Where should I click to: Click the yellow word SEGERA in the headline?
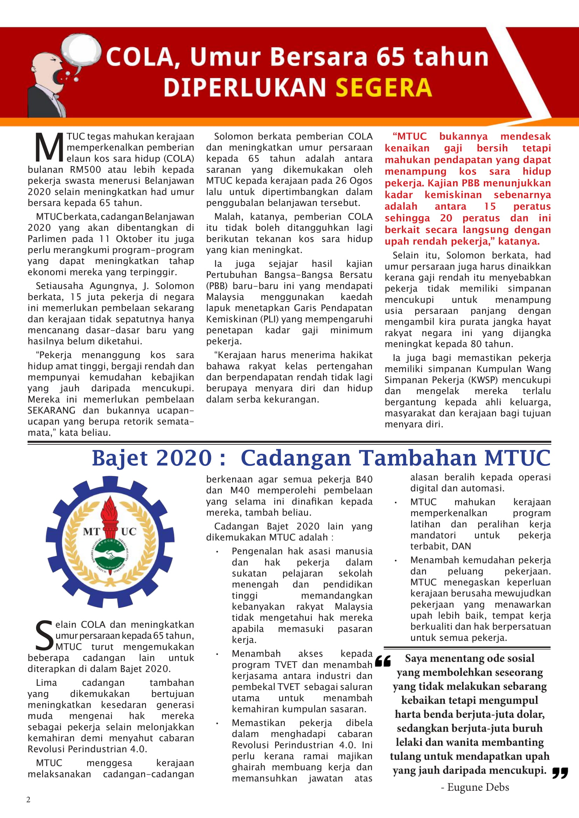pyautogui.click(x=384, y=88)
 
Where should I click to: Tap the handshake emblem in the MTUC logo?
pyautogui.click(x=110, y=555)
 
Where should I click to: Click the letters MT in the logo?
pyautogui.click(x=92, y=532)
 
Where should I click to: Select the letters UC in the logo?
pyautogui.click(x=129, y=532)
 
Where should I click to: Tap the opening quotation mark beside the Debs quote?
pyautogui.click(x=383, y=661)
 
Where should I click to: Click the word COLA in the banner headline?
pyautogui.click(x=139, y=57)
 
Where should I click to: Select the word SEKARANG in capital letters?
pyautogui.click(x=52, y=411)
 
